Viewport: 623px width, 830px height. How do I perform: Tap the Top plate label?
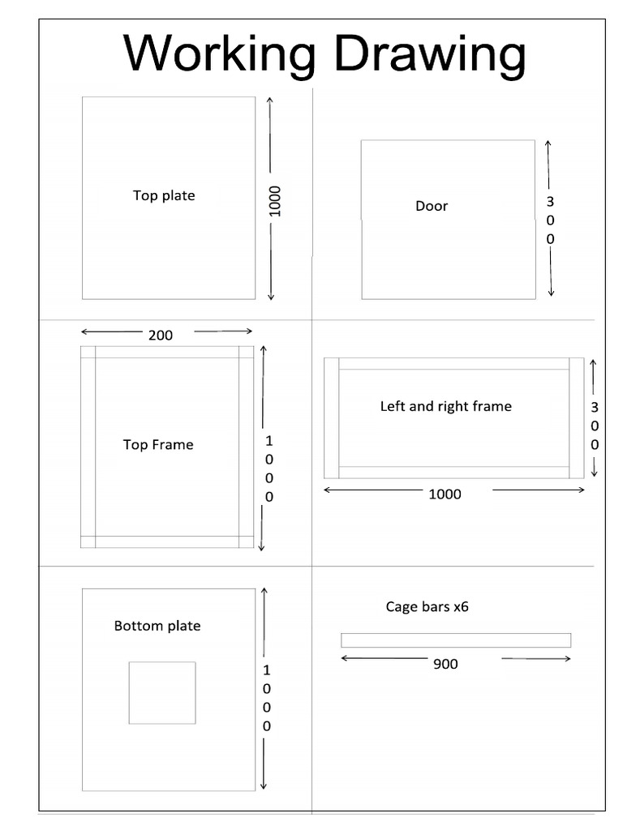click(164, 195)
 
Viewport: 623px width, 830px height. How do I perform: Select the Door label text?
click(432, 206)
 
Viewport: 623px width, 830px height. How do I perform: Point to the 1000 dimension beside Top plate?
click(275, 200)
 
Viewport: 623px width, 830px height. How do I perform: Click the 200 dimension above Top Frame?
click(161, 335)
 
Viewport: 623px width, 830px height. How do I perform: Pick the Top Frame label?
click(158, 444)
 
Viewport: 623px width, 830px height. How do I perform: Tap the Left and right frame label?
click(446, 406)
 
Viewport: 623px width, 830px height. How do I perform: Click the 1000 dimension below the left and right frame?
click(445, 494)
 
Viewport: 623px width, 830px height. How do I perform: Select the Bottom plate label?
click(157, 626)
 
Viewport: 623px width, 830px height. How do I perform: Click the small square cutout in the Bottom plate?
click(162, 692)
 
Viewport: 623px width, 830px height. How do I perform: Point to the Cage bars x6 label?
click(428, 606)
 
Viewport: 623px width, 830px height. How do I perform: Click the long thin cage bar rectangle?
click(456, 640)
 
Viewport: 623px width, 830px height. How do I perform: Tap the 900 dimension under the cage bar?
click(445, 664)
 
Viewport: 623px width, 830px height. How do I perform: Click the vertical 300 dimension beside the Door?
click(551, 220)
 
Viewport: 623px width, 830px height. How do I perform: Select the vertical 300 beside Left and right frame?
click(595, 426)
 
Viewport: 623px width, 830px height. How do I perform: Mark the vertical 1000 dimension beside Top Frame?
click(269, 468)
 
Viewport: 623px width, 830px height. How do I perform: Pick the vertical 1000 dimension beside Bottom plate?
click(266, 698)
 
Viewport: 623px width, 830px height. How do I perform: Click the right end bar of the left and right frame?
click(577, 418)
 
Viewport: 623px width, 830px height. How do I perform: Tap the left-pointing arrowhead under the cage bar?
click(345, 658)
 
